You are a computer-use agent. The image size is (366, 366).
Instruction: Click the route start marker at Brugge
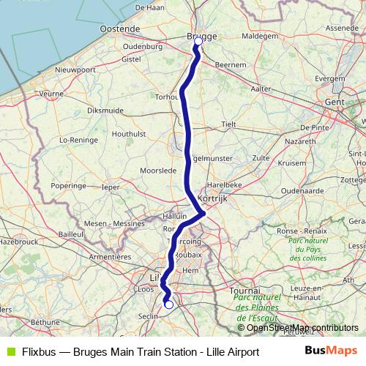198,42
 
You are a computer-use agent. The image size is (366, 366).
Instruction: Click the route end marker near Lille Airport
169,305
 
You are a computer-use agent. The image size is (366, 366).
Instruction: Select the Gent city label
335,104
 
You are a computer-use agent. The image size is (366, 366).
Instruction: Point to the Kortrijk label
213,198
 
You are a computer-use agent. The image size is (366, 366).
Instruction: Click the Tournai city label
245,291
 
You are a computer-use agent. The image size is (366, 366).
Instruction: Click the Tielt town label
228,124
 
